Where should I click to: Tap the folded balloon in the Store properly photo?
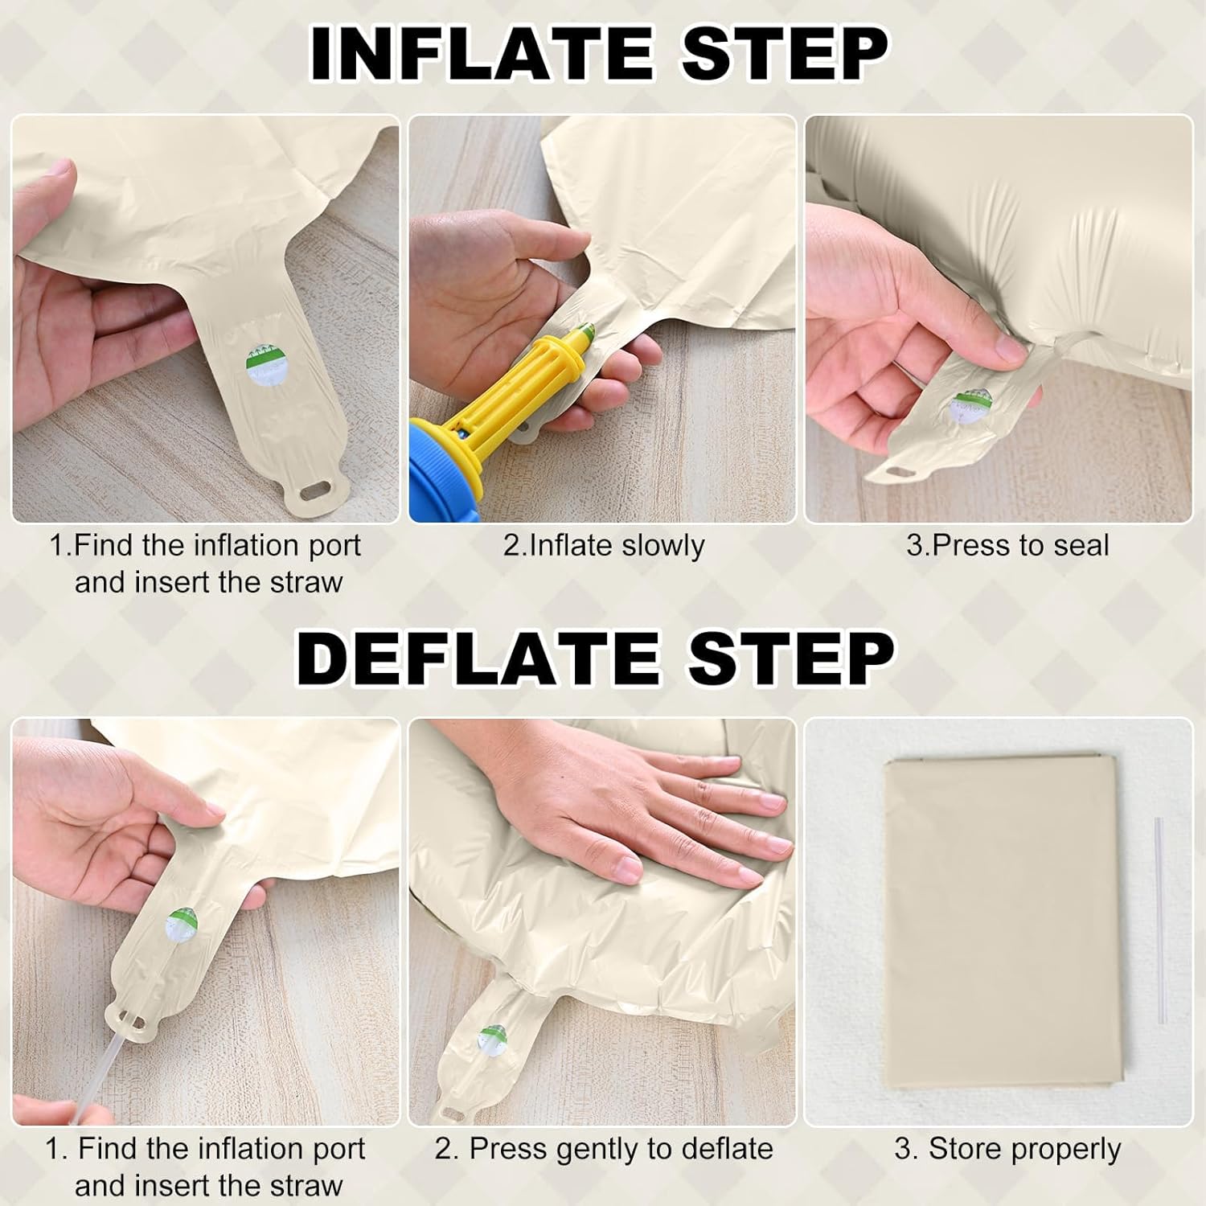(1003, 922)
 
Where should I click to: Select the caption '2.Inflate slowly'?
(604, 545)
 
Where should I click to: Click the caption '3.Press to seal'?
(1007, 545)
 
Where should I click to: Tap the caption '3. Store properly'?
(1007, 1149)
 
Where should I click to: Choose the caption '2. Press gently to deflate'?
(604, 1149)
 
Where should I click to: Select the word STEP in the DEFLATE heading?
(793, 658)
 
